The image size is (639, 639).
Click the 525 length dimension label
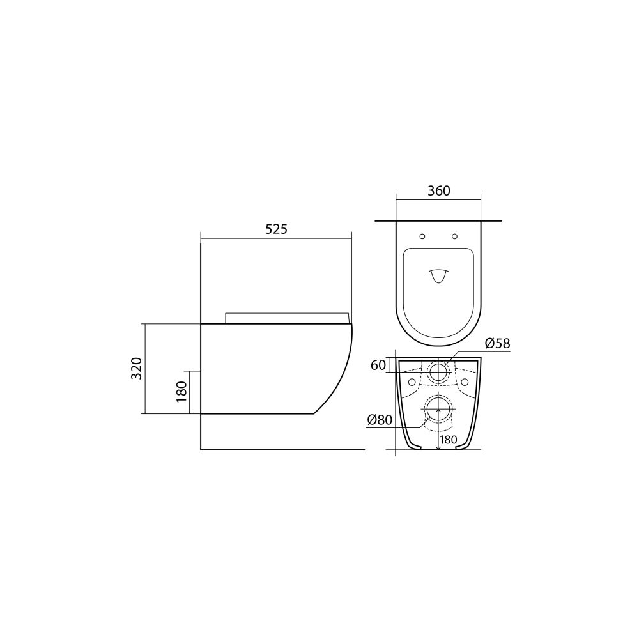pyautogui.click(x=277, y=229)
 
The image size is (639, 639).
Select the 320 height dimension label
pyautogui.click(x=136, y=369)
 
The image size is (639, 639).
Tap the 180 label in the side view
pyautogui.click(x=181, y=391)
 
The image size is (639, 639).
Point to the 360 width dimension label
pyautogui.click(x=438, y=190)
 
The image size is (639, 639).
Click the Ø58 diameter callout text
pyautogui.click(x=497, y=344)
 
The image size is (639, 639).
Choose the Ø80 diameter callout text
pyautogui.click(x=380, y=420)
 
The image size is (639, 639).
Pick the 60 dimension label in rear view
pyautogui.click(x=378, y=365)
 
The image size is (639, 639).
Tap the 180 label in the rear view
pyautogui.click(x=448, y=439)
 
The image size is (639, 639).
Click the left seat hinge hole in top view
pyautogui.click(x=422, y=236)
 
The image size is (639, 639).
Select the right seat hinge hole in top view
pyautogui.click(x=454, y=236)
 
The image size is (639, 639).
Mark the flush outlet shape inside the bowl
pyautogui.click(x=438, y=275)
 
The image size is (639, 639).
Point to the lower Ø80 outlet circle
pyautogui.click(x=438, y=410)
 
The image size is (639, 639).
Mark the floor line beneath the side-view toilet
pyautogui.click(x=281, y=450)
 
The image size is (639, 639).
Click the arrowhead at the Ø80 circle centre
pyautogui.click(x=438, y=411)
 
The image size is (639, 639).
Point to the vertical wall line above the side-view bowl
pyautogui.click(x=201, y=281)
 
